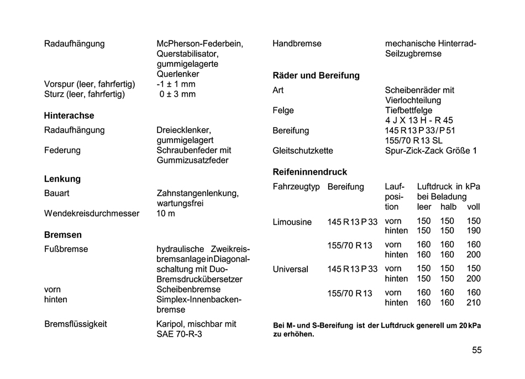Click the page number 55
[477, 350]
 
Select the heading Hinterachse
[69, 115]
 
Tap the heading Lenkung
[62, 179]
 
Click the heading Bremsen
[63, 235]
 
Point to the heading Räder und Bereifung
[316, 75]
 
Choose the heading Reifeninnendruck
[310, 172]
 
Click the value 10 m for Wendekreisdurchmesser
[166, 213]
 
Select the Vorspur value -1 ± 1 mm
[176, 84]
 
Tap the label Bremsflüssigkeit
[76, 324]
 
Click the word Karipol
[171, 324]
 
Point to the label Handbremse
[297, 44]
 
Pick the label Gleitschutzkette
[303, 150]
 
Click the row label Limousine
[292, 222]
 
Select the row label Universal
[291, 270]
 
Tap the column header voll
[474, 207]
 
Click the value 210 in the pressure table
[474, 303]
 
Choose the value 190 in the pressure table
[474, 231]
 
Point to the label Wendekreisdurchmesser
[92, 213]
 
